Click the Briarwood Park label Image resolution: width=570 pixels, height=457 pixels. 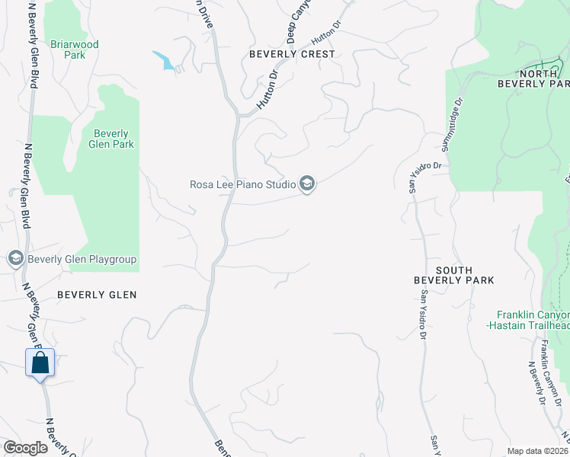pos(74,50)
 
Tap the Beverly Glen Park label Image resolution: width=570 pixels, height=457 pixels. pos(111,139)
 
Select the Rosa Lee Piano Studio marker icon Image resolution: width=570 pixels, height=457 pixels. pos(307,184)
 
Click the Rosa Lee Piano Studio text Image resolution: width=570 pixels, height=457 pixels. pos(243,184)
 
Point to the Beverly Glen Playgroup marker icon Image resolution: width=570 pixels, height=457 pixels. pos(15,259)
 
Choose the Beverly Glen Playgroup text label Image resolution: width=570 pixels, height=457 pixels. pos(82,260)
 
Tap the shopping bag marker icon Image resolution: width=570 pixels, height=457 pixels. pos(40,363)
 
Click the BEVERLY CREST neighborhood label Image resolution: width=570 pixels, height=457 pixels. pos(293,54)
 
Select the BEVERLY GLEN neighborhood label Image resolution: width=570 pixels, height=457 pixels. pos(97,295)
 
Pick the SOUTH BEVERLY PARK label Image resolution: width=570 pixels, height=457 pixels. pos(454,275)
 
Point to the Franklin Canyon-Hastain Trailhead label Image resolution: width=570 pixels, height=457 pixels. pos(533,320)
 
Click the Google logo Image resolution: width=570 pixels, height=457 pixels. pos(26,448)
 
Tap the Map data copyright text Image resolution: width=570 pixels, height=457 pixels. pos(538,450)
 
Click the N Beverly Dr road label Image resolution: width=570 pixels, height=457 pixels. pos(537,381)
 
